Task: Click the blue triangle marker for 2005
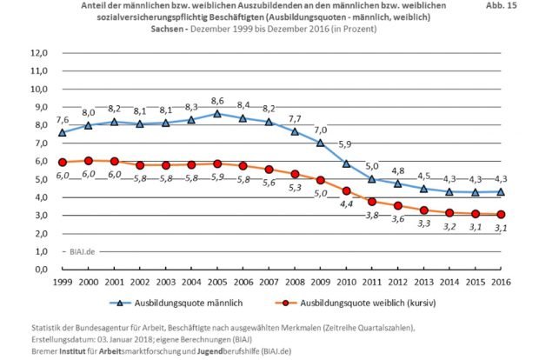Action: pos(217,114)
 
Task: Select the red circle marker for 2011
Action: pos(371,201)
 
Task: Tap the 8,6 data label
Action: pos(217,101)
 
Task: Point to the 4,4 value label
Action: pos(346,203)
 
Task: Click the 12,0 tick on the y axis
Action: pos(38,53)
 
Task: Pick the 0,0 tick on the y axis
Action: pos(38,269)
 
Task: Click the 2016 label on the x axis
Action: pos(500,283)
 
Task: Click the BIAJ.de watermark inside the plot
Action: pos(83,250)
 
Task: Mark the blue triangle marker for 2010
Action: pos(346,163)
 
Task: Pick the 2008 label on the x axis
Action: pos(295,283)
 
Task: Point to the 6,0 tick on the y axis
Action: pos(38,161)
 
